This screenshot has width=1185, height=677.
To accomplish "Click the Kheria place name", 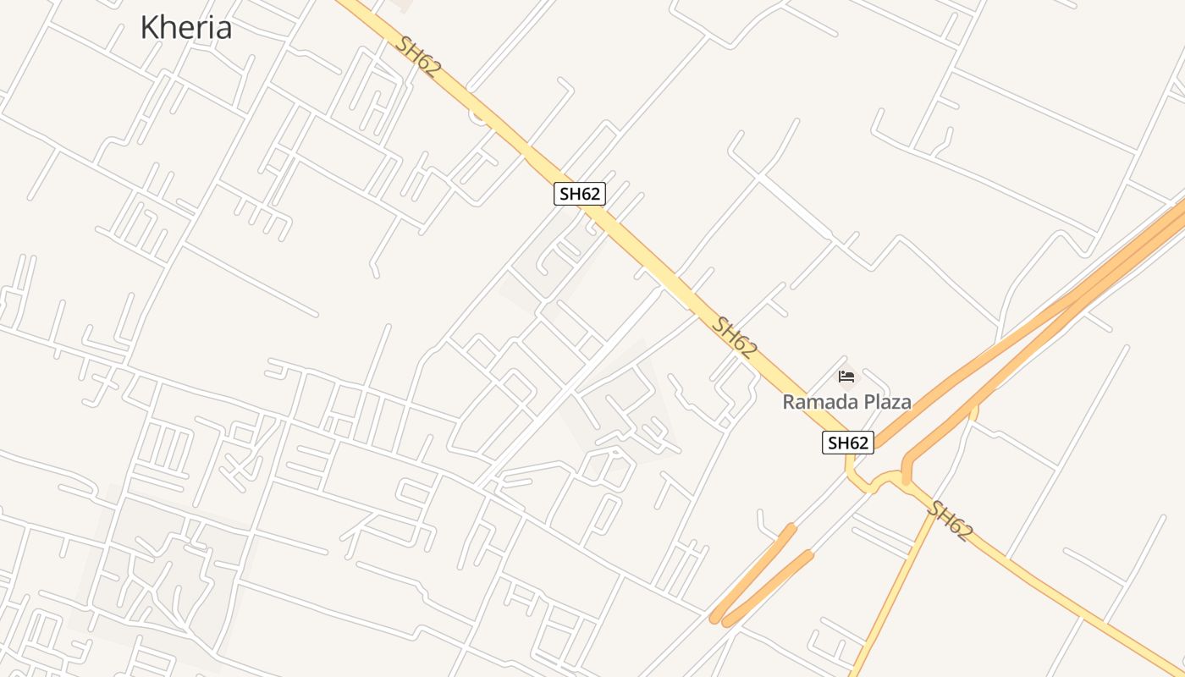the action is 185,27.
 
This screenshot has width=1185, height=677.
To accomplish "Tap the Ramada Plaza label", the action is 846,402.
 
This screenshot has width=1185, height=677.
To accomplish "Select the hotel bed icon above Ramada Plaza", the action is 846,377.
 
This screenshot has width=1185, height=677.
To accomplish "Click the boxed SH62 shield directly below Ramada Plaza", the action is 847,442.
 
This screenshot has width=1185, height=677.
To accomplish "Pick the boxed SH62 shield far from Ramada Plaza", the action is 580,194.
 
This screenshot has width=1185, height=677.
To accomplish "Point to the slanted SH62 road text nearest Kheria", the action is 418,58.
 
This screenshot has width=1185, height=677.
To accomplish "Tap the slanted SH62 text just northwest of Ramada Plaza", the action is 733,337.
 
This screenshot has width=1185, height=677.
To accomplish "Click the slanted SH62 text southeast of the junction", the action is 949,520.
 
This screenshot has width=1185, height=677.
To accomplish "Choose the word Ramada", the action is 816,402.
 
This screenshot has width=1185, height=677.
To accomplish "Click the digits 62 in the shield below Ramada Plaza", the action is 858,442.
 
